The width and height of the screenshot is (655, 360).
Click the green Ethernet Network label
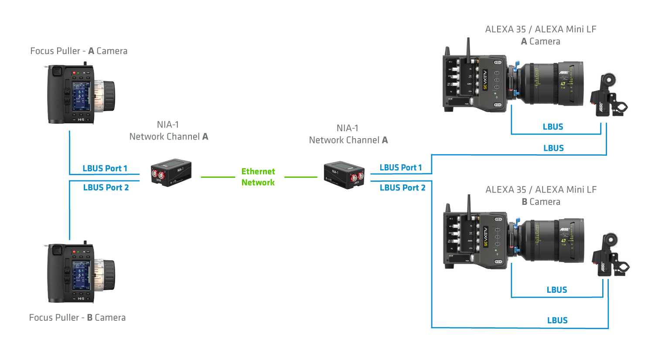pos(258,177)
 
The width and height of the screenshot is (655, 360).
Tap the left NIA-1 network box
pos(171,173)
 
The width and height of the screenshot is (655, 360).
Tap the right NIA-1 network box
pos(344,175)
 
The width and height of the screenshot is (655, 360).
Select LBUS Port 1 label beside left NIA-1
pos(105,169)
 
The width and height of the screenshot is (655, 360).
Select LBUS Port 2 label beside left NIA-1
pos(106,188)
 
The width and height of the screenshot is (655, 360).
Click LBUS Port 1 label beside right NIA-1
pos(401,168)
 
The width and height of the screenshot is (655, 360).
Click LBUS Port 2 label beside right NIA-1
pos(403,188)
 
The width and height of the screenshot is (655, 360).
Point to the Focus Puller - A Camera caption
pos(79,51)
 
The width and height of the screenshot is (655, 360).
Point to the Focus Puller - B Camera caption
pos(77,318)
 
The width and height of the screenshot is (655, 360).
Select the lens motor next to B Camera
pos(610,256)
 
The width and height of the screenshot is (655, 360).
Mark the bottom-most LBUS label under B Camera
pos(557,321)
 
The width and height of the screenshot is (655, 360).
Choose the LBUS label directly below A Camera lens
pos(553,127)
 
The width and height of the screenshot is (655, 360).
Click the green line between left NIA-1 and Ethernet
pos(218,177)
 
